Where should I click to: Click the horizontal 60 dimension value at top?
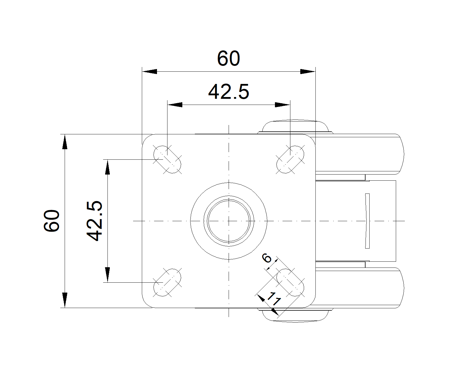228,58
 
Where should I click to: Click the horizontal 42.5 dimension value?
229,92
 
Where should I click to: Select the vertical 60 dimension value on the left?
52,221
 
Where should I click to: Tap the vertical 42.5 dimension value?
94,221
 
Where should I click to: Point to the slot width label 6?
267,258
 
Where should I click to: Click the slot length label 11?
274,299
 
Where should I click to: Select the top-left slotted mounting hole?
167,159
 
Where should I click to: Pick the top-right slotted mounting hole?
290,159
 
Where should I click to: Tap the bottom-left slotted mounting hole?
167,282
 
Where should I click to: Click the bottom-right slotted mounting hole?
290,282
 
